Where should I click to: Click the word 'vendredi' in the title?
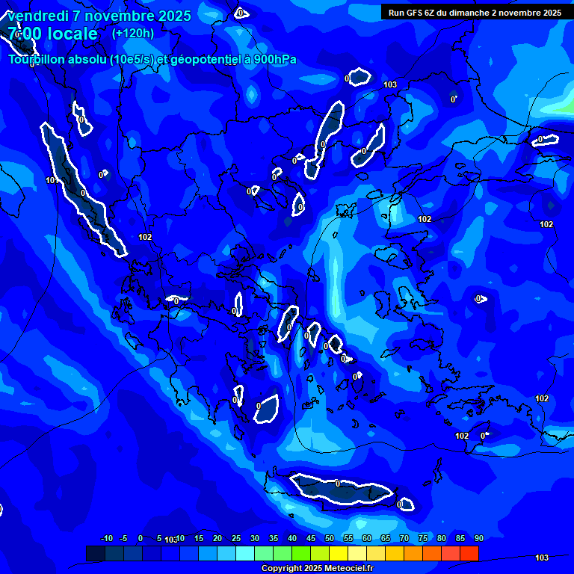pos(34,16)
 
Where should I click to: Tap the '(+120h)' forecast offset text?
pos(133,34)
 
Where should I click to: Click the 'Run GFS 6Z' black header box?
pos(475,12)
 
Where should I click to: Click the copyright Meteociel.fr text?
pos(317,569)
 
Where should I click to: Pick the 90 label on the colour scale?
pos(478,539)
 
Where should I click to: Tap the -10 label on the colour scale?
pos(107,539)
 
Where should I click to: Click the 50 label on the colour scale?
pos(330,539)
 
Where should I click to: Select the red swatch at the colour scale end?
pos(469,553)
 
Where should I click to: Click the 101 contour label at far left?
pos(52,180)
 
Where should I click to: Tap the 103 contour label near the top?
pos(390,85)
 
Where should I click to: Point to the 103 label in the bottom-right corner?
pos(542,558)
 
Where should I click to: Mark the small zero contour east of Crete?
pos(405,504)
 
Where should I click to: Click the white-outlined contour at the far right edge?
pos(546,139)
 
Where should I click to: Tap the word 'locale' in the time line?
pos(71,34)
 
